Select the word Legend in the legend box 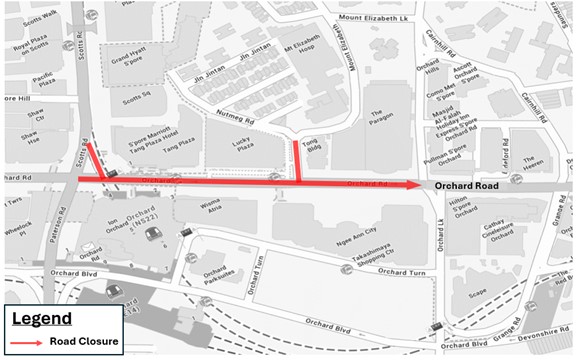(42, 319)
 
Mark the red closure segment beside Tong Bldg (297, 161)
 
